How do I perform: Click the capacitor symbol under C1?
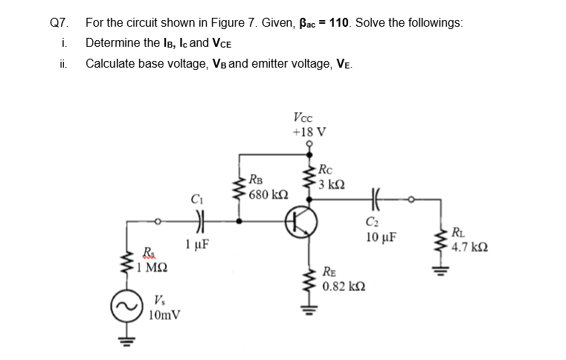[197, 222]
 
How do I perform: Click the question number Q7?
[58, 22]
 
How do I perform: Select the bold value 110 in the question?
[340, 22]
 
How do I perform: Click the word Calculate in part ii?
[110, 64]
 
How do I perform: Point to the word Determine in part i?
[113, 43]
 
